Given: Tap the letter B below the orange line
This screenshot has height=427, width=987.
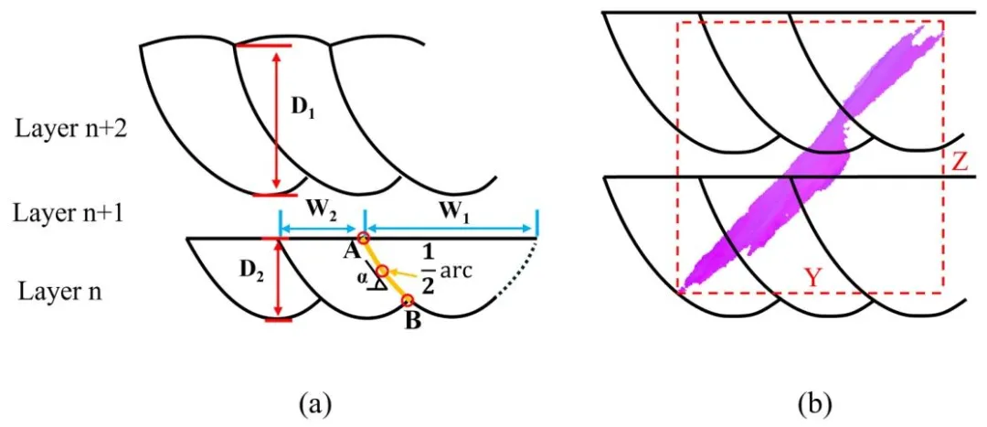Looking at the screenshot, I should click(x=412, y=322).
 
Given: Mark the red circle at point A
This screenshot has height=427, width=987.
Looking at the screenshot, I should click(x=364, y=240).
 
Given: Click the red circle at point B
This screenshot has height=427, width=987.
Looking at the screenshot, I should click(x=408, y=300).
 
